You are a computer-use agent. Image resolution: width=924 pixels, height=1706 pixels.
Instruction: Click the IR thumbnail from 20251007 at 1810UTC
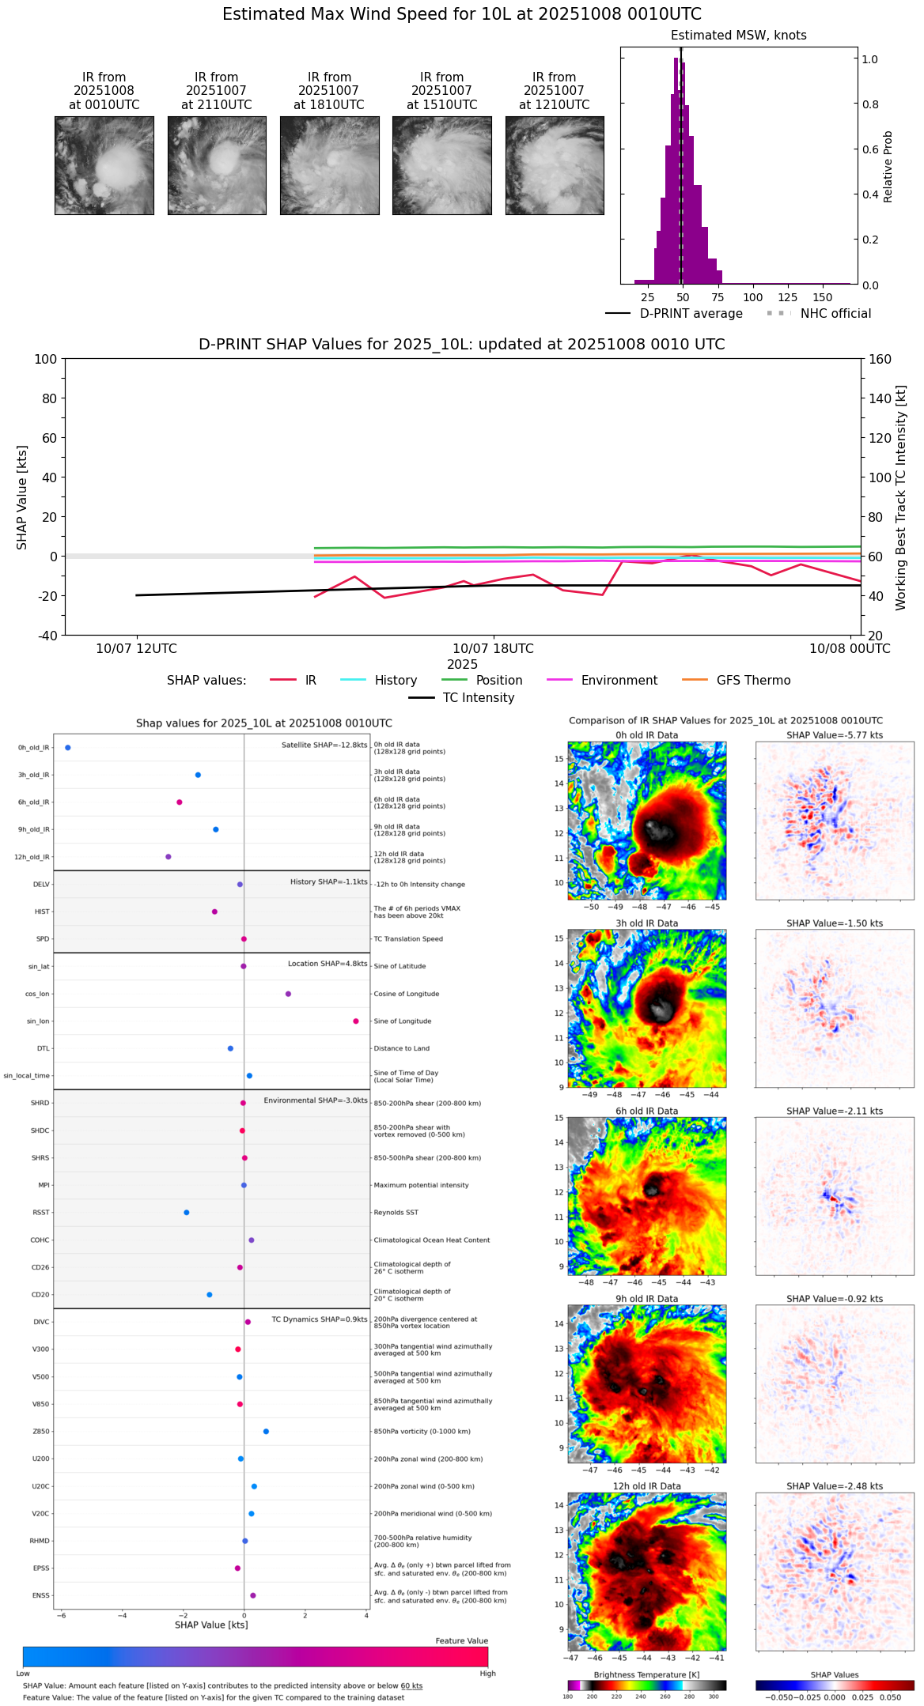point(329,165)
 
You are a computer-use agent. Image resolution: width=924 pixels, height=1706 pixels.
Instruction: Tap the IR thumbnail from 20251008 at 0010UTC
point(104,165)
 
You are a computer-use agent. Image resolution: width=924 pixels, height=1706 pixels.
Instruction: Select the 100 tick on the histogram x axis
point(752,297)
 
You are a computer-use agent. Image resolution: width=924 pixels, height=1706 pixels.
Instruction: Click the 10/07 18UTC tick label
point(493,649)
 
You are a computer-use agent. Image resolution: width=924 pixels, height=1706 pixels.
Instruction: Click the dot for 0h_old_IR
point(68,748)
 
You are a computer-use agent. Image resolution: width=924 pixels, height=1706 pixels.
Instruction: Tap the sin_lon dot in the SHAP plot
point(356,1021)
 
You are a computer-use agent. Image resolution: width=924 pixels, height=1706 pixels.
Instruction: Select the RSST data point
point(187,1213)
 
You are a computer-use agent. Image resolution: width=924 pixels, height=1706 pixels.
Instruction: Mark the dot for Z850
point(266,1432)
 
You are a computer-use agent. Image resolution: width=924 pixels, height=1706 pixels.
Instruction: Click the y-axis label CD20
point(40,1295)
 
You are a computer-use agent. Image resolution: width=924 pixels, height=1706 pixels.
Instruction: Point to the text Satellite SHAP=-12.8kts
point(324,745)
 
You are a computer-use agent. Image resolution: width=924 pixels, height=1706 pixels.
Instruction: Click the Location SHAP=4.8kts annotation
point(328,964)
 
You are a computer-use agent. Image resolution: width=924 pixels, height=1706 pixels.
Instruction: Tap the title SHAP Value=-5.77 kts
point(835,735)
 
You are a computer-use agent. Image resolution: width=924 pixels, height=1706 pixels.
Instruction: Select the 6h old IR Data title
point(646,1111)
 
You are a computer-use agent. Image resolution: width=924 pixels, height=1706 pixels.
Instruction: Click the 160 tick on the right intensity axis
point(880,359)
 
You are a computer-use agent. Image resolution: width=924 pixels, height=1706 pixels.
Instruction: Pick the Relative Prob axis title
point(888,166)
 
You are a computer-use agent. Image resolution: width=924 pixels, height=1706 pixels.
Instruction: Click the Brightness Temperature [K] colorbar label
point(646,1674)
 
